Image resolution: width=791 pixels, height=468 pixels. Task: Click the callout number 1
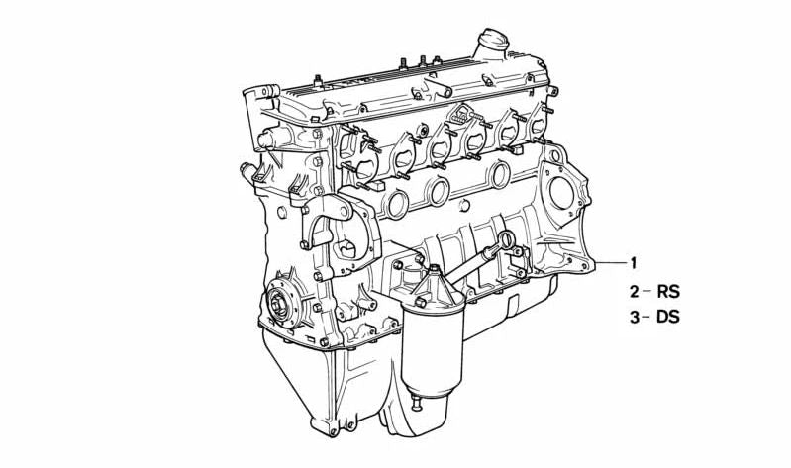pyautogui.click(x=633, y=263)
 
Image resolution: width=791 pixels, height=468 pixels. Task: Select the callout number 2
pyautogui.click(x=635, y=292)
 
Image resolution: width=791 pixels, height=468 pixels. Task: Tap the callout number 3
pyautogui.click(x=635, y=318)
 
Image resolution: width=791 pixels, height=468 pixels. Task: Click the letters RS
pyautogui.click(x=668, y=292)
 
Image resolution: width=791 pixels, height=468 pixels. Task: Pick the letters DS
pyautogui.click(x=668, y=318)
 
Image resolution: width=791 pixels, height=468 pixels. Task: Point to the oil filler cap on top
pyautogui.click(x=493, y=40)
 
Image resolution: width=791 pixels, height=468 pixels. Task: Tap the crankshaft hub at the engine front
pyautogui.click(x=279, y=301)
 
